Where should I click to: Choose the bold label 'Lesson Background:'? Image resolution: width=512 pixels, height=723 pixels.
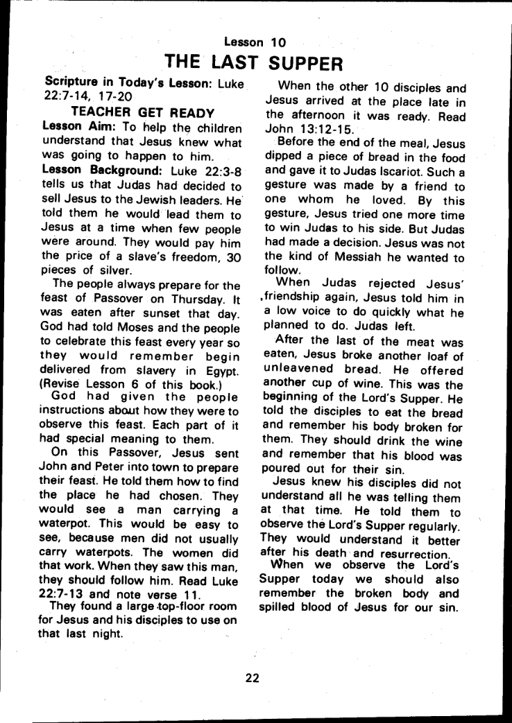(x=92, y=171)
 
